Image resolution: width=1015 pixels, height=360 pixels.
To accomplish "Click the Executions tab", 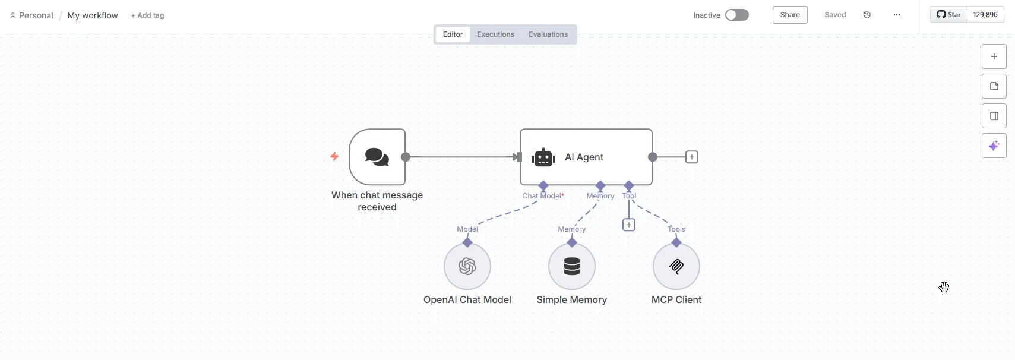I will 495,34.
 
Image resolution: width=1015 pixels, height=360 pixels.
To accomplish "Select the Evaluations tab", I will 548,34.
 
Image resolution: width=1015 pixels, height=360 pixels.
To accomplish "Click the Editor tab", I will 453,34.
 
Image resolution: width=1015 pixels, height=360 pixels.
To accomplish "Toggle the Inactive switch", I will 736,15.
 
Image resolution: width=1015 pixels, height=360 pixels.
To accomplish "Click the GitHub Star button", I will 948,15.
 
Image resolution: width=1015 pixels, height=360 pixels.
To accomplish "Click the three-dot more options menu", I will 896,15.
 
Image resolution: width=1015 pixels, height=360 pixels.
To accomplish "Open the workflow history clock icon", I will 867,15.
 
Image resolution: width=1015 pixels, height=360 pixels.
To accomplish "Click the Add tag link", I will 147,15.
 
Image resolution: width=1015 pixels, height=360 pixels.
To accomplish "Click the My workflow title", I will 93,15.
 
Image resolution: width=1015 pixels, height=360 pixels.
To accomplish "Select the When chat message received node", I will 377,157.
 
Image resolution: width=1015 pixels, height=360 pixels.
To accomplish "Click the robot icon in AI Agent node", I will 543,157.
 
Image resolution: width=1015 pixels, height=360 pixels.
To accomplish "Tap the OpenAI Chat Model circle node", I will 467,266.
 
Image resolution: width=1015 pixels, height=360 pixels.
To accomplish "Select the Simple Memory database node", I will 572,266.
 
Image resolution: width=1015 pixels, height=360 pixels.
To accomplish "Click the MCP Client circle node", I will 676,266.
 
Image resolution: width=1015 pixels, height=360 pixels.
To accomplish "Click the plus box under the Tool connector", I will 629,225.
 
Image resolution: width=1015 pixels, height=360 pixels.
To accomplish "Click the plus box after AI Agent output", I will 692,157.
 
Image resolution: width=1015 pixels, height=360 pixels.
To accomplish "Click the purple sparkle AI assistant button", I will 994,146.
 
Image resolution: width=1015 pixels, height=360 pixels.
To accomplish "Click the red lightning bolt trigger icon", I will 334,156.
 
